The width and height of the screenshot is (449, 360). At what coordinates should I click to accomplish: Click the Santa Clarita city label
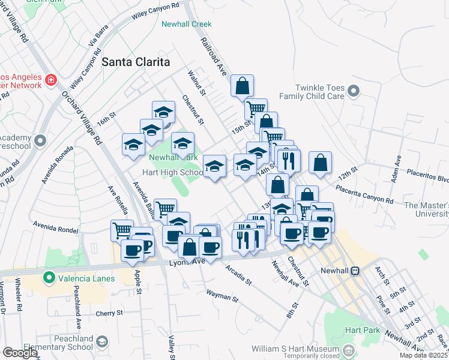(136, 62)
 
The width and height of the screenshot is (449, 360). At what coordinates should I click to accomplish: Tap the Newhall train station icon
(355, 271)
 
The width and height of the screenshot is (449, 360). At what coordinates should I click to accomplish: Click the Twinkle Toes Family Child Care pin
(354, 92)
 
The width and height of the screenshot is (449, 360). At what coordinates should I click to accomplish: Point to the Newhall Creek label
(187, 25)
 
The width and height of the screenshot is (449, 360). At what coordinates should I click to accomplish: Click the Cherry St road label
(109, 313)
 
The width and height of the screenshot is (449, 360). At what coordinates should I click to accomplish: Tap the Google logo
(19, 353)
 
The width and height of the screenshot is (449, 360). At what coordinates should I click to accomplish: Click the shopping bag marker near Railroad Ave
(242, 86)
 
